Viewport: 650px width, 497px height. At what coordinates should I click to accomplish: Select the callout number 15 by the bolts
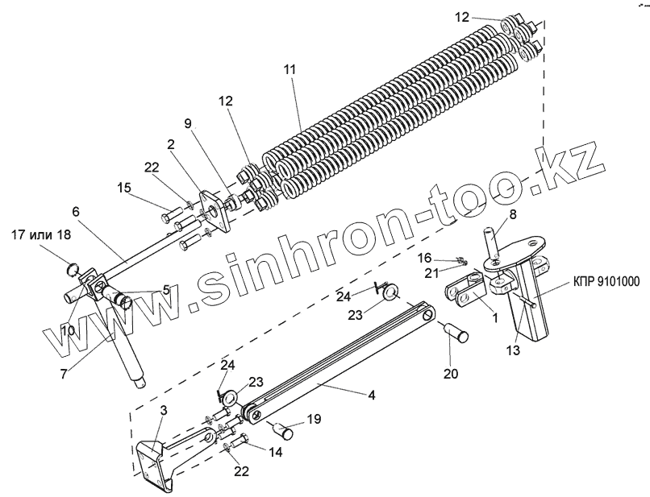[123, 188]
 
